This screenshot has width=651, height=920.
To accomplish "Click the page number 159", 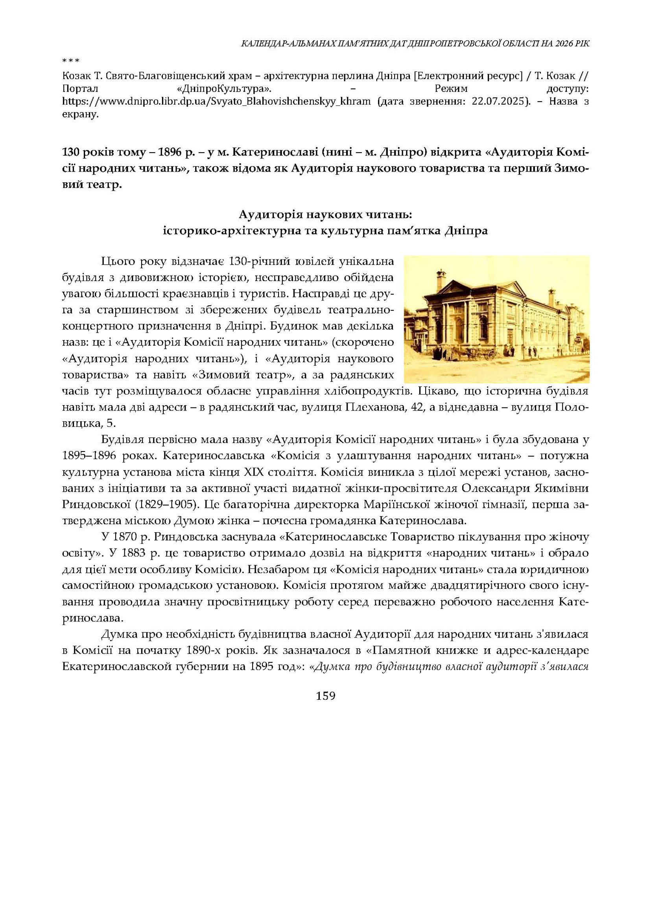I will point(325,695).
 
